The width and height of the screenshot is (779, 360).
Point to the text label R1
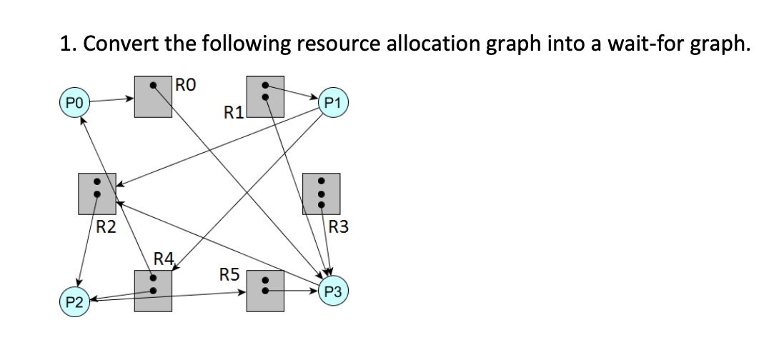point(234,111)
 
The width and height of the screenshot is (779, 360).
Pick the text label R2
point(106,228)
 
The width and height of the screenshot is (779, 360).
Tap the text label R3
point(339,228)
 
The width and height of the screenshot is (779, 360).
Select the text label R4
point(164,259)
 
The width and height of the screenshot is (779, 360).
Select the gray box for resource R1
point(265,96)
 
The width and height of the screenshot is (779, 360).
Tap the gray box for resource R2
point(96,193)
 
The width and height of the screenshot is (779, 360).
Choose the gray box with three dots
point(322,193)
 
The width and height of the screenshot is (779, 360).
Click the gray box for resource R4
point(152,290)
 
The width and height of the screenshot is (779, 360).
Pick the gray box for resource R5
point(265,290)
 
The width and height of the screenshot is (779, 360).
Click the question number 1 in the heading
point(66,44)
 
